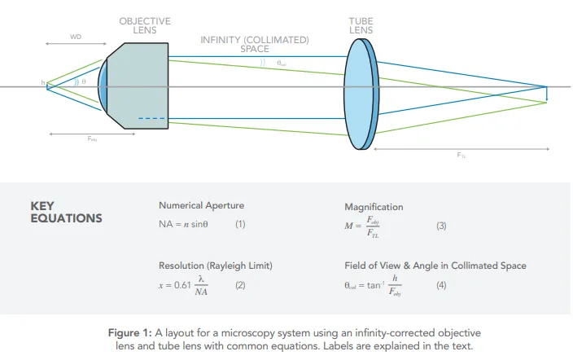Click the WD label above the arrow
pyautogui.click(x=76, y=37)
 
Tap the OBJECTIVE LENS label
pyautogui.click(x=145, y=25)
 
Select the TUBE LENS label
pyautogui.click(x=361, y=24)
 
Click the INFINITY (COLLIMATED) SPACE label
pyautogui.click(x=255, y=44)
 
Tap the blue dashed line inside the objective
pyautogui.click(x=151, y=119)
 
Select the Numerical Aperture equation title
pyautogui.click(x=201, y=205)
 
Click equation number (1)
pyautogui.click(x=240, y=223)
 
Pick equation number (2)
pyautogui.click(x=240, y=285)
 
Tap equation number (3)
pyautogui.click(x=441, y=226)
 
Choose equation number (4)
pyautogui.click(x=440, y=286)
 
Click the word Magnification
pyautogui.click(x=374, y=207)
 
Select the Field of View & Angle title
pyautogui.click(x=435, y=266)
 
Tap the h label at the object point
pyautogui.click(x=43, y=83)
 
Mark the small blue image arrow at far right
pyautogui.click(x=547, y=93)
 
